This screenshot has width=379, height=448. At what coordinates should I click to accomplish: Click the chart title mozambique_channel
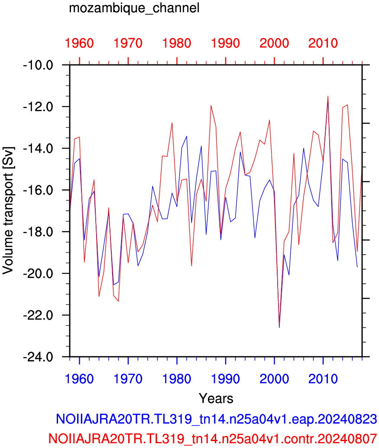(134, 8)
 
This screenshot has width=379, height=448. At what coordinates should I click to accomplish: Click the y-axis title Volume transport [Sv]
(8, 211)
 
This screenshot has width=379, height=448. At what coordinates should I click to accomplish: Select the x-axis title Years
(216, 398)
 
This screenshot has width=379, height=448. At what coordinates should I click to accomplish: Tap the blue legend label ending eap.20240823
(217, 419)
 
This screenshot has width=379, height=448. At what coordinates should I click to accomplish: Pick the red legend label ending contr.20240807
(213, 438)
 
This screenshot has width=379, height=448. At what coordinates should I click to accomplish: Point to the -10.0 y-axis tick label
(38, 65)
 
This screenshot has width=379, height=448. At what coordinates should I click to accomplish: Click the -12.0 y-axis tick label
(38, 107)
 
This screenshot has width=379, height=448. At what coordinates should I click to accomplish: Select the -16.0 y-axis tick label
(38, 190)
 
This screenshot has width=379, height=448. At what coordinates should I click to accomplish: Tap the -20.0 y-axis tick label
(38, 274)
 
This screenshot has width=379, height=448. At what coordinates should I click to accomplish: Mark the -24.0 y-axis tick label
(38, 357)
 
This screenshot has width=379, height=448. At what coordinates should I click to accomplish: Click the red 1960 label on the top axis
(79, 43)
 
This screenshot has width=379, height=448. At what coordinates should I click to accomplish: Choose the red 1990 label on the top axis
(226, 43)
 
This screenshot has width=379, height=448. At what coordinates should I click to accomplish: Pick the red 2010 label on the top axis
(323, 43)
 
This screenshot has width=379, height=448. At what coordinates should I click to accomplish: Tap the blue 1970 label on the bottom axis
(128, 379)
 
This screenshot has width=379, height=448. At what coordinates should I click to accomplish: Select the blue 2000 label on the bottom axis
(274, 379)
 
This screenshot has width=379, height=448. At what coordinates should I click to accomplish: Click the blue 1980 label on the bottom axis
(177, 379)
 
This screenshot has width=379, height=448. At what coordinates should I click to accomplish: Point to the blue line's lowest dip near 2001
(279, 327)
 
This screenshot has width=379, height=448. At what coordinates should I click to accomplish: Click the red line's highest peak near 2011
(328, 96)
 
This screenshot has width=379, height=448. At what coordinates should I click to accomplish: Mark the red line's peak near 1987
(211, 106)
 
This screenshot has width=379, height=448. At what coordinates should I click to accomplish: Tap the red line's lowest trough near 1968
(118, 301)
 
